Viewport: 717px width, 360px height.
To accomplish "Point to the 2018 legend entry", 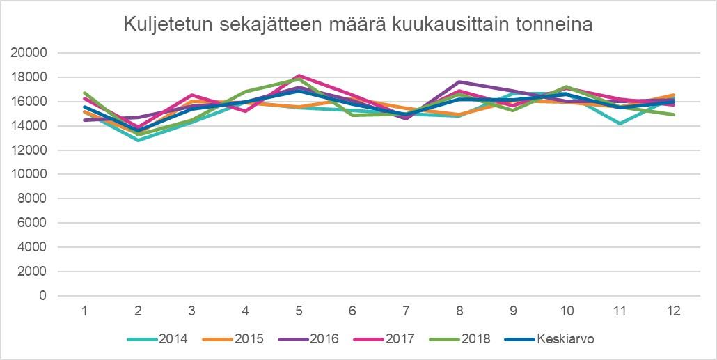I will pos(476,340).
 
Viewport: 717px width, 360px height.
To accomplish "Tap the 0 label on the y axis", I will pos(43,296).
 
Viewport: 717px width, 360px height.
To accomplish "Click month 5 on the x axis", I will pos(299,311).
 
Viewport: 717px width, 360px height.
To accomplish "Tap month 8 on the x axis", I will pos(459,311).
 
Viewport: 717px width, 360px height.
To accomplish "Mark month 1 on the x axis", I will pos(84,311).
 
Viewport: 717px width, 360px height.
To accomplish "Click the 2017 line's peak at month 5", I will pos(299,75).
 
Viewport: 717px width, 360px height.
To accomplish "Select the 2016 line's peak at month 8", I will pos(459,81).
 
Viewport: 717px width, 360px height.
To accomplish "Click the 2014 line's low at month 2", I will pos(138,140).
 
